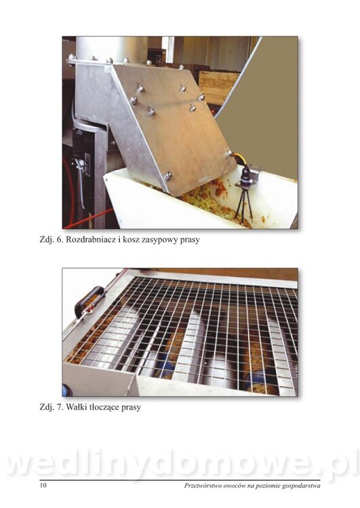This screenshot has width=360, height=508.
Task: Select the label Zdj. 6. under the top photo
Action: (x=52, y=240)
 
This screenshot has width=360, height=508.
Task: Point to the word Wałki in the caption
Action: (x=75, y=407)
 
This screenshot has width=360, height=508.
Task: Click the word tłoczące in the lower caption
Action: (x=103, y=407)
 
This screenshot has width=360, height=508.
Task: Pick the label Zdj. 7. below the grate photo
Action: (x=52, y=407)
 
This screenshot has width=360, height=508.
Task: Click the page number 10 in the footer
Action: (x=43, y=486)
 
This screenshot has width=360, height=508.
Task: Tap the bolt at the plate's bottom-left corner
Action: (x=168, y=175)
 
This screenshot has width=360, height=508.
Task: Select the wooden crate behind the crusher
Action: (x=216, y=87)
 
